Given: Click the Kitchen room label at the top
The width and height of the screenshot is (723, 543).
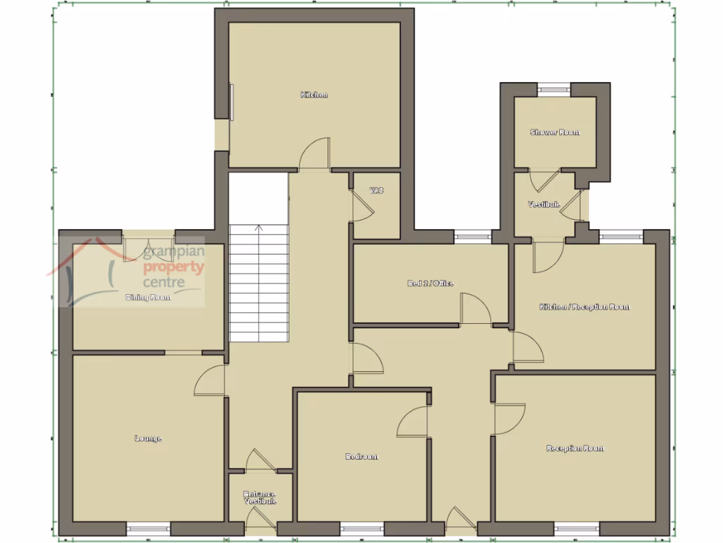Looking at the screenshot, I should coord(314,95).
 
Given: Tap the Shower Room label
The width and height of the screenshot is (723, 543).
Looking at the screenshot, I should coord(555,132).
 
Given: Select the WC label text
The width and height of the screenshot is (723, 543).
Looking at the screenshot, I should coord(376,190).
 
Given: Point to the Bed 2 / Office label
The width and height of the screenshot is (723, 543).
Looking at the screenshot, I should coord(430,284).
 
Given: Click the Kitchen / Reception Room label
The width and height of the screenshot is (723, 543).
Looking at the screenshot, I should coord(585,307).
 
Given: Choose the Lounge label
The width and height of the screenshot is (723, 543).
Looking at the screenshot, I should coord(148,438).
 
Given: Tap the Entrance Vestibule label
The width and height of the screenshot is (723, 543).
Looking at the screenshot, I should coord(260,497).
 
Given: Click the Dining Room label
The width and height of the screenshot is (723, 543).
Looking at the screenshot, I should coord(148,298).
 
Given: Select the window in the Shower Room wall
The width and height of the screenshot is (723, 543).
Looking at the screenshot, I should coord(554,89).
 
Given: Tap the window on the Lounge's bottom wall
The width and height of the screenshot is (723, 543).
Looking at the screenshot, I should coord(148,527).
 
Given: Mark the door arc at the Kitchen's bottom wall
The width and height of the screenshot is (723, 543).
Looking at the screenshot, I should coord(314,154).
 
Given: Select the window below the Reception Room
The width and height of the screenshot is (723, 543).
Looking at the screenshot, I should coord(575,527).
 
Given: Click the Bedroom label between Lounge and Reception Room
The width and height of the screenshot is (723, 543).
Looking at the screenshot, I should coord(361,457).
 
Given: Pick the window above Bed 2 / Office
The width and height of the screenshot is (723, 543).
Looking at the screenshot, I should coord(473,236).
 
